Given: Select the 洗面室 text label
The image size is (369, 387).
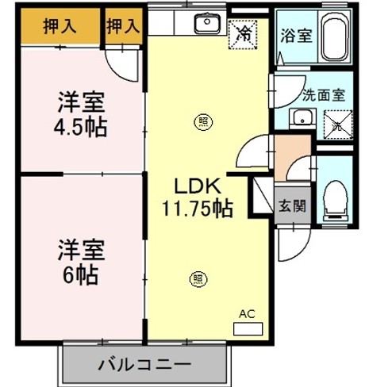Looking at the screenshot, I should click(323, 94).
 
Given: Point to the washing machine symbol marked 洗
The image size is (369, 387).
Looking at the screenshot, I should click(337, 123).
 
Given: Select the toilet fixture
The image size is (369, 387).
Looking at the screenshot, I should click(336, 198).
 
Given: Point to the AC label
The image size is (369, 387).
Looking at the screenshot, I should click(246, 313).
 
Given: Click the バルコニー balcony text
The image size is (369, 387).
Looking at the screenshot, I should click(144, 366).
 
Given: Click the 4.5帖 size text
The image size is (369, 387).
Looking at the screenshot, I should click(83, 126).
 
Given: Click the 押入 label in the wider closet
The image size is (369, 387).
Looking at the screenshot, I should click(59, 25).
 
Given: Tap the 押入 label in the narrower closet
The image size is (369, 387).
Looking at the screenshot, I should click(123, 25).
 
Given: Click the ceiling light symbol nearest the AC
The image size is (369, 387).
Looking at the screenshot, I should click(197, 278).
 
